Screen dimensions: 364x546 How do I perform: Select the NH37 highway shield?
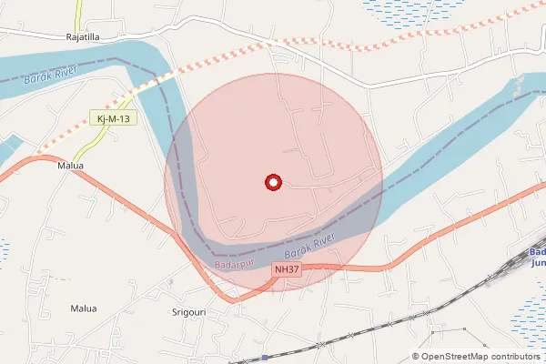[286, 270]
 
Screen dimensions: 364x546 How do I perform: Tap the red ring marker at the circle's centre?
[272, 183]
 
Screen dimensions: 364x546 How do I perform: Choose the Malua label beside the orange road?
[70, 167]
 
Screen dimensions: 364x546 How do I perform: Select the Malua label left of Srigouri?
[83, 308]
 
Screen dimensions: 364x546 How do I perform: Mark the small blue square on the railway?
[264, 357]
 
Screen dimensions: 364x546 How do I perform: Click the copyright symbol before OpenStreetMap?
[416, 356]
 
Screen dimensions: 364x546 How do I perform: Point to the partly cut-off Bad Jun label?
[537, 258]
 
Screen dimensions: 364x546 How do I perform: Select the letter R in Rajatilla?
[69, 37]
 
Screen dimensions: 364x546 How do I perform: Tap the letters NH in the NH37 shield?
[280, 270]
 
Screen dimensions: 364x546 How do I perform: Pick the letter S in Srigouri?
[175, 311]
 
